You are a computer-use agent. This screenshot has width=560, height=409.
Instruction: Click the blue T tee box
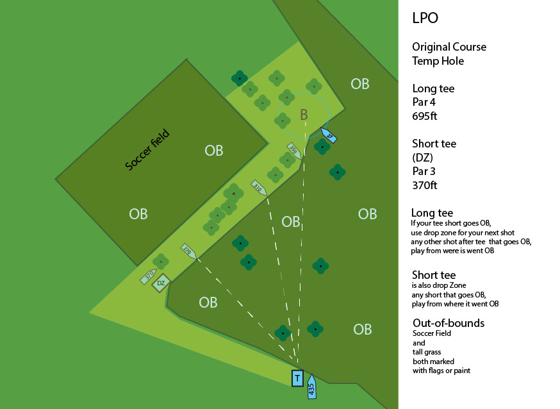point(297,378)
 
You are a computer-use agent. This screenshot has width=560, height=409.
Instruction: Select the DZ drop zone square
point(161,283)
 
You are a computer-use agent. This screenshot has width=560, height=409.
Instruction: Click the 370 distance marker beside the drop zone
point(149,276)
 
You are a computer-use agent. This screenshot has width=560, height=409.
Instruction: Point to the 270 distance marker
point(188,251)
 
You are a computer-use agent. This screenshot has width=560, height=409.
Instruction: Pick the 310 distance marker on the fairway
point(259,188)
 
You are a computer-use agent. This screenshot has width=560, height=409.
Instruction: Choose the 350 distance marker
point(294,151)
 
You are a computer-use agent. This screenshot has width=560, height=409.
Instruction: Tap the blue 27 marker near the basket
point(327,136)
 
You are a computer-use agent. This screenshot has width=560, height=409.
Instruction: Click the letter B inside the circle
point(304,115)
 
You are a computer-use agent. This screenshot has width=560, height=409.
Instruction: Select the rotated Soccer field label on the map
point(147,150)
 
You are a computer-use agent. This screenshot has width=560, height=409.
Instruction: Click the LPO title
point(425,18)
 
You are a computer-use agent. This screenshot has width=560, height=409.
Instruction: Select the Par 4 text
point(425,103)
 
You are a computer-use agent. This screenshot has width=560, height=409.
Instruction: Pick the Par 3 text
point(425,171)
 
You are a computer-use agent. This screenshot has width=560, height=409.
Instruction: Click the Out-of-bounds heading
point(448,323)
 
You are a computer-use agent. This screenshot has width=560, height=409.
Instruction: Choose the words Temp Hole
point(438,62)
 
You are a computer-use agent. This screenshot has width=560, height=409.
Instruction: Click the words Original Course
point(449,47)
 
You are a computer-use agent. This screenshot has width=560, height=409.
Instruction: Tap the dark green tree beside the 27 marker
point(322,147)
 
